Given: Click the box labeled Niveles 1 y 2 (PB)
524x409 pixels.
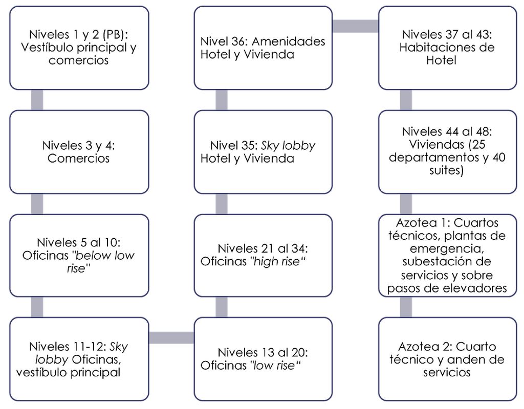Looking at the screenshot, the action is (79, 48).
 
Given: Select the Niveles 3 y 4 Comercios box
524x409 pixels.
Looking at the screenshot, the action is (79, 152).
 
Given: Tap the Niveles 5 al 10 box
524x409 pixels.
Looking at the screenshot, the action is (79, 256).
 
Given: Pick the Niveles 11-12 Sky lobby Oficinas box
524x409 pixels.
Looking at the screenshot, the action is (79, 359).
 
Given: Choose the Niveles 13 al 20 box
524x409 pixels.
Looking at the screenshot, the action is (264, 359).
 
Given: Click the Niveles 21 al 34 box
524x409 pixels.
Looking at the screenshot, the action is (264, 256).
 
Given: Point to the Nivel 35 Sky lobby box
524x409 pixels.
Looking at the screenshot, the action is (264, 152).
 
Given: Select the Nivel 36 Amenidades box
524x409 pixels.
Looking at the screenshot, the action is (264, 48).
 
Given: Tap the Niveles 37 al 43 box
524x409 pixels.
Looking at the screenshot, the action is (448, 48).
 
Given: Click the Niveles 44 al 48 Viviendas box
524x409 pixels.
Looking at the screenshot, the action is (448, 152).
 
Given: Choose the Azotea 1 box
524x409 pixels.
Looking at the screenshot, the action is (448, 256).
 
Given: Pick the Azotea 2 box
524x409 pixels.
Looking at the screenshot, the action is (448, 359).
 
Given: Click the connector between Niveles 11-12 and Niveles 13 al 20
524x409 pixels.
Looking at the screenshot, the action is (171, 337).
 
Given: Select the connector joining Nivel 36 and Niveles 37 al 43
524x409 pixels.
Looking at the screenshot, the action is (356, 26).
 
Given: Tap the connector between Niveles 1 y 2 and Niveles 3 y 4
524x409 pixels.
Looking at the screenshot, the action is (37, 100).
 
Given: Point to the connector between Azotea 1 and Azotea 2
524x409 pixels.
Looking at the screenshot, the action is (406, 307).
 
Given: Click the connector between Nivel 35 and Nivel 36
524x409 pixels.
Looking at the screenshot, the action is (222, 100).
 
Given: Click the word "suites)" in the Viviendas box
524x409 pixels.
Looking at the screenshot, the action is (446, 171).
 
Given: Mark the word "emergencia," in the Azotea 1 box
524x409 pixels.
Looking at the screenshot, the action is (447, 249).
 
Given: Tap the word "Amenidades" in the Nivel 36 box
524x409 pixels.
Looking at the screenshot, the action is (289, 41).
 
